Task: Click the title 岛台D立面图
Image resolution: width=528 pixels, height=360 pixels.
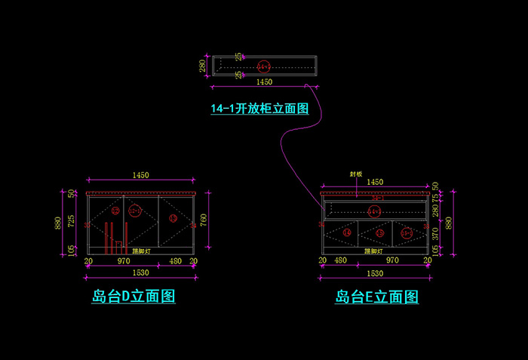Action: coord(134,297)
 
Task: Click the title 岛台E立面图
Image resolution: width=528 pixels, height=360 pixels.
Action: coord(376,297)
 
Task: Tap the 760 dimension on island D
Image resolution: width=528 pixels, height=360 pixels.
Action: coord(203,220)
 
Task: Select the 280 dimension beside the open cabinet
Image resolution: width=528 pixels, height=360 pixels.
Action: coord(202,66)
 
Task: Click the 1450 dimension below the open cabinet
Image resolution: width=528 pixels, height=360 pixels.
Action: coord(265,82)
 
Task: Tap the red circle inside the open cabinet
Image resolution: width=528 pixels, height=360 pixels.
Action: coord(263,65)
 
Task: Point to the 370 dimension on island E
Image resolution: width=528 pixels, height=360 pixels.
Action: coord(435,234)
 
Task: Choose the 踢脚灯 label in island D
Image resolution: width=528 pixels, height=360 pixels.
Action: coord(140,250)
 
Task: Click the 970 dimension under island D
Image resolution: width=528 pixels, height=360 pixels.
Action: coord(124,261)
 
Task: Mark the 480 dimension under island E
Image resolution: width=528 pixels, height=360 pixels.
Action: coord(340,261)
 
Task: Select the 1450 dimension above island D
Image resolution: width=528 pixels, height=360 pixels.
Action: coord(140,175)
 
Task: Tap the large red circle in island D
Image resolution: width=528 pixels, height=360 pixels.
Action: coord(135,211)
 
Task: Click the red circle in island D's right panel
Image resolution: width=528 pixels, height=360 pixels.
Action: coord(173,219)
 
